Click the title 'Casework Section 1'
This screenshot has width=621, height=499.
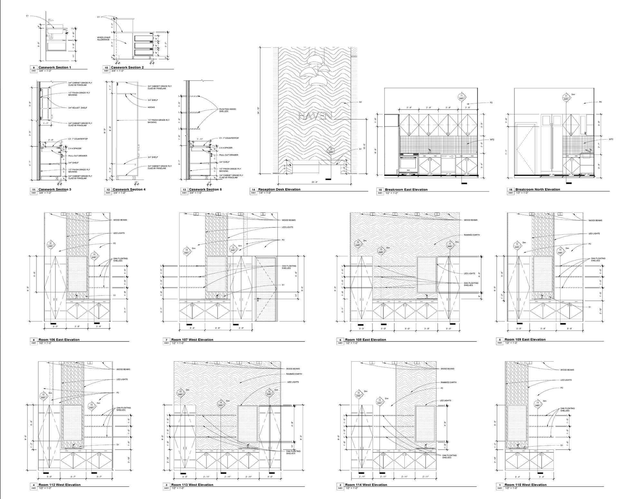pyautogui.click(x=54, y=67)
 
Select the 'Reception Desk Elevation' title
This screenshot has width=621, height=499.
pyautogui.click(x=279, y=189)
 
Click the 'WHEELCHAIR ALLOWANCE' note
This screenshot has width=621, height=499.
pyautogui.click(x=103, y=38)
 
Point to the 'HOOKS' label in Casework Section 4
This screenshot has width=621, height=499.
pyautogui.click(x=151, y=107)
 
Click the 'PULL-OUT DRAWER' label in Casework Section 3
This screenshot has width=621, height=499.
pyautogui.click(x=78, y=156)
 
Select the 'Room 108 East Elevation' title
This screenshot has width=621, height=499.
pyautogui.click(x=365, y=339)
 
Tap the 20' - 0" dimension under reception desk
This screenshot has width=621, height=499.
pyautogui.click(x=315, y=182)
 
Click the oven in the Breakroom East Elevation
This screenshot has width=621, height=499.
pyautogui.click(x=409, y=165)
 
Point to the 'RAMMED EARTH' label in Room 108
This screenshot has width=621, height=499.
pyautogui.click(x=472, y=235)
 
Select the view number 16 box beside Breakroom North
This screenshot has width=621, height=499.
pyautogui.click(x=511, y=190)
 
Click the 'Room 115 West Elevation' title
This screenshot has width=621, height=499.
pyautogui.click(x=525, y=485)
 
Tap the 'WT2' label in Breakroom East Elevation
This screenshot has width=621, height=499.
pyautogui.click(x=492, y=139)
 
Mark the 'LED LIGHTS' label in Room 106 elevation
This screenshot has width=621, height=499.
pyautogui.click(x=119, y=233)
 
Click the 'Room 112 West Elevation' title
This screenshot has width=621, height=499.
pyautogui.click(x=60, y=485)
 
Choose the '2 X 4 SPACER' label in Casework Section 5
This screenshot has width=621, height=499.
pyautogui.click(x=226, y=148)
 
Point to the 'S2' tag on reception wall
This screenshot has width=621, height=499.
pyautogui.click(x=361, y=102)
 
